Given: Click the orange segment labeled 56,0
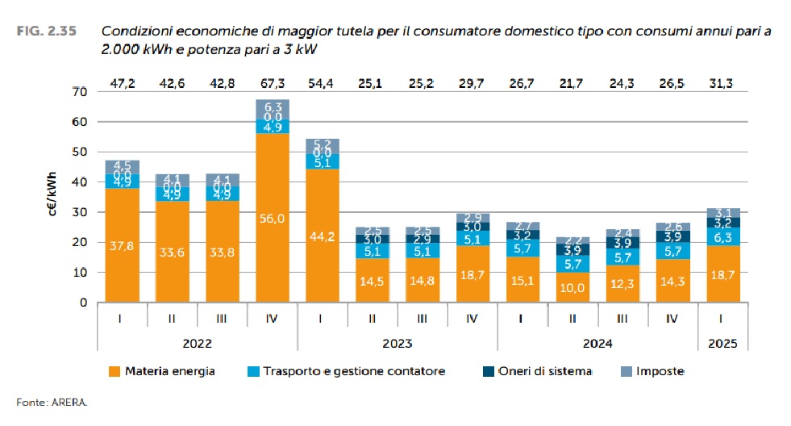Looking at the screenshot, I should pos(272,218).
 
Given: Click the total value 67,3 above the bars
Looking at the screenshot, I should pos(272,83).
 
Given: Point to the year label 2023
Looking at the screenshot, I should pos(397,343).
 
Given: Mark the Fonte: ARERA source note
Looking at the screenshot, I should pos(51,401).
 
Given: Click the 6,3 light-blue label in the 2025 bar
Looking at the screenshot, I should pos(723,236).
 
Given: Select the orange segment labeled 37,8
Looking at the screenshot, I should pos(122,245).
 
